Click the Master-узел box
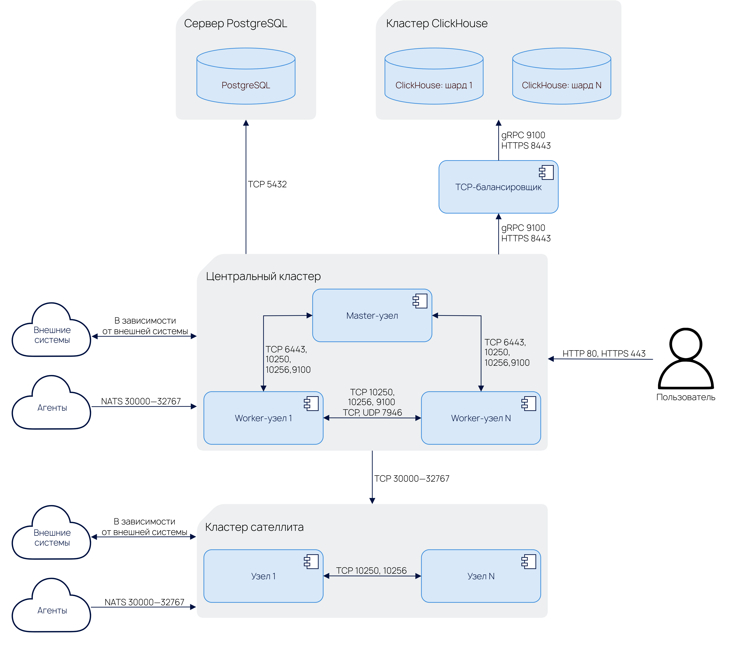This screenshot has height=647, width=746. click(372, 316)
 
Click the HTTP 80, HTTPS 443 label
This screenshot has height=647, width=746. click(604, 353)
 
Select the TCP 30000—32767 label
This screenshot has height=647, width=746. click(412, 478)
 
